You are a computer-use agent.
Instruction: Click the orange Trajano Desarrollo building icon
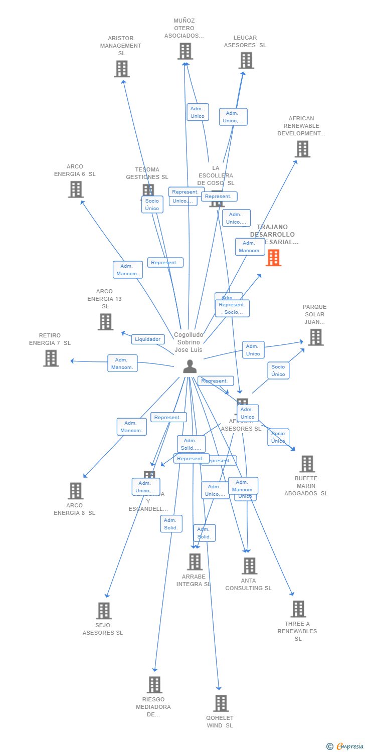click(x=273, y=258)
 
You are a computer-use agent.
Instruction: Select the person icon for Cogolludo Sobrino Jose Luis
click(x=190, y=367)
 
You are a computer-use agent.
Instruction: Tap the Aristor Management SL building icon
click(x=122, y=69)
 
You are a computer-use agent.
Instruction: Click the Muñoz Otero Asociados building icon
click(x=185, y=51)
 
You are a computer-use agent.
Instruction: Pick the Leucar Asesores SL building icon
click(x=246, y=61)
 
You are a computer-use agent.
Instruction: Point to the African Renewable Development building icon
click(x=302, y=149)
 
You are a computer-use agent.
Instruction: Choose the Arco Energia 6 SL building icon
click(x=76, y=190)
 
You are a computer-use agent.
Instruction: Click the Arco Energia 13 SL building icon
click(x=105, y=322)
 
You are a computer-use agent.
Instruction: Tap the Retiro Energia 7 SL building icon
click(x=51, y=358)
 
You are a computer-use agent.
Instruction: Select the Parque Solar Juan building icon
click(x=315, y=337)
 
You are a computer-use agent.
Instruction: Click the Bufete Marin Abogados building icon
click(x=307, y=464)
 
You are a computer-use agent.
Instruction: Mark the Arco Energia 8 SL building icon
click(x=75, y=491)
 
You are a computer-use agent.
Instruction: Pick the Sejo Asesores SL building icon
click(x=104, y=611)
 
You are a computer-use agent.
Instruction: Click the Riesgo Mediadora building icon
click(x=154, y=685)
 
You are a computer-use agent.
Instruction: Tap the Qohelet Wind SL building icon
click(x=221, y=703)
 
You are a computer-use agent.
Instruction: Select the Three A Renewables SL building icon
click(x=298, y=609)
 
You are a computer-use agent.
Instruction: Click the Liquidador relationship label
click(x=148, y=339)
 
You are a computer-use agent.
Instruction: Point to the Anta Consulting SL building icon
click(x=249, y=566)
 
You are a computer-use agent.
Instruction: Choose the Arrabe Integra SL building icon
click(x=195, y=562)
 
